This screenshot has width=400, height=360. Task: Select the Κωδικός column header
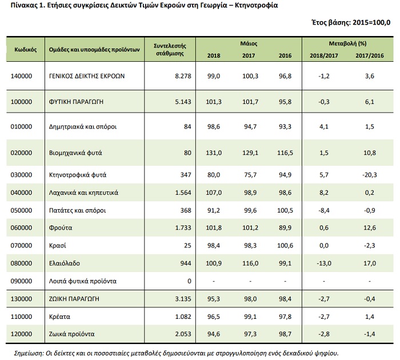pyautogui.click(x=26, y=49)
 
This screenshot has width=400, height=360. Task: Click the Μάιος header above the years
pyautogui.click(x=248, y=43)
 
